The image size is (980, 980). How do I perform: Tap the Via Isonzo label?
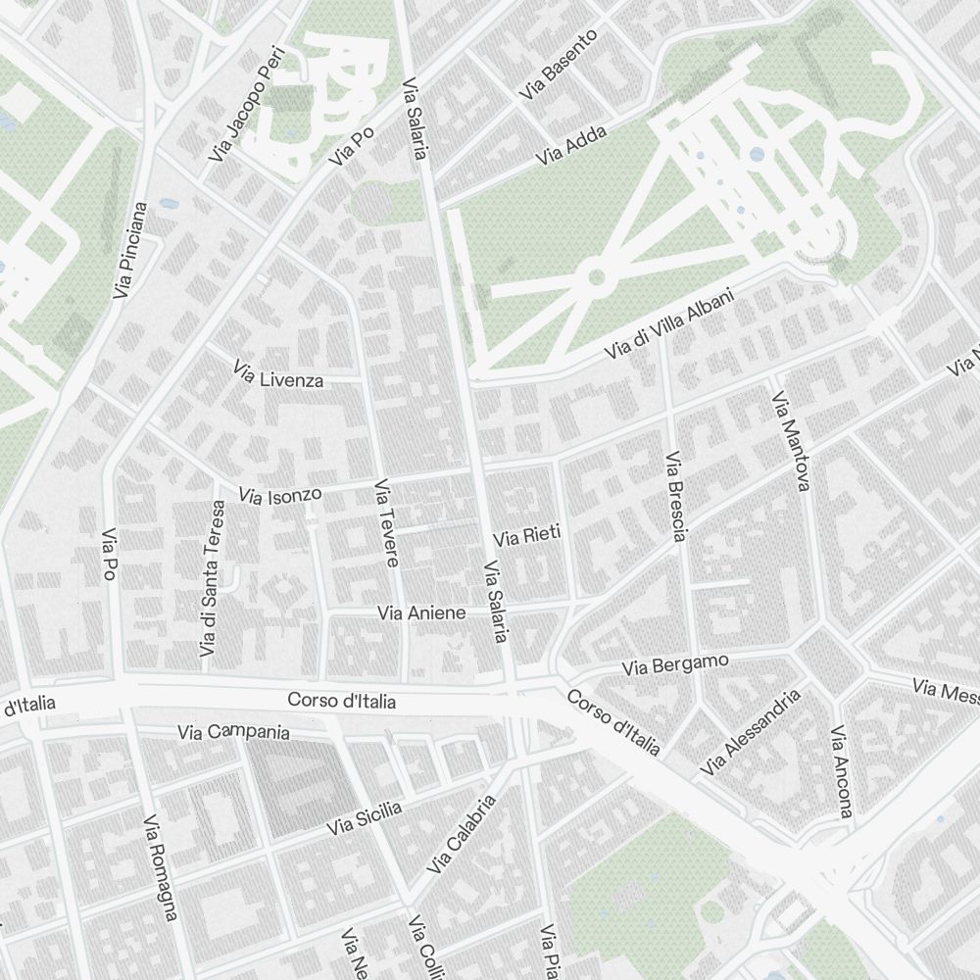tap(280, 496)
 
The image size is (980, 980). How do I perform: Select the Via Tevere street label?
tap(386, 523)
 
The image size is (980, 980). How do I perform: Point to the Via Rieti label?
tap(526, 537)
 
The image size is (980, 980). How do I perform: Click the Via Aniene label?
tap(421, 612)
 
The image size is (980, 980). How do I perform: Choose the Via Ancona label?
tap(841, 772)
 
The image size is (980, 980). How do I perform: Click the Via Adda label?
tap(571, 145)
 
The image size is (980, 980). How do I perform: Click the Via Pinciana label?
tap(130, 250)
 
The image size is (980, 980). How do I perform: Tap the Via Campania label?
tap(233, 732)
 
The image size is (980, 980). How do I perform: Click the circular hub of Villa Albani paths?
tap(595, 278)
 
